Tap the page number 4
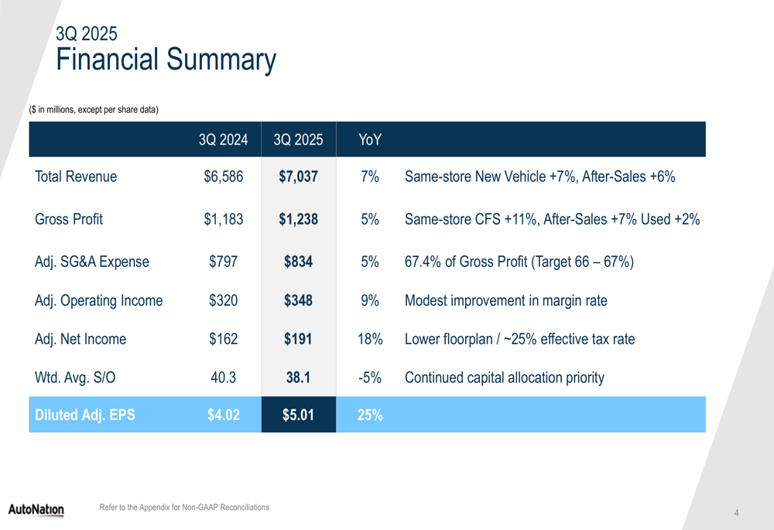737,513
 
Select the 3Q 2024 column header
223,140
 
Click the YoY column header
370,140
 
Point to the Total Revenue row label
76,176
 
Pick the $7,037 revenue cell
298,176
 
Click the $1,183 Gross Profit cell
223,219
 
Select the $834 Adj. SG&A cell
298,262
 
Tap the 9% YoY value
370,300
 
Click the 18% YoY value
370,339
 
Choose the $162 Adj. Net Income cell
223,339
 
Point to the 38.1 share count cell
298,378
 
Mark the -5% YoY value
370,378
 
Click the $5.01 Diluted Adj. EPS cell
298,415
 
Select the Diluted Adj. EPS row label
85,415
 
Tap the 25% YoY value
370,415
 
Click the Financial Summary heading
166,60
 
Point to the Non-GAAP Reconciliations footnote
184,508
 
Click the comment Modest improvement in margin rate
505,300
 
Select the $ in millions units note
94,110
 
